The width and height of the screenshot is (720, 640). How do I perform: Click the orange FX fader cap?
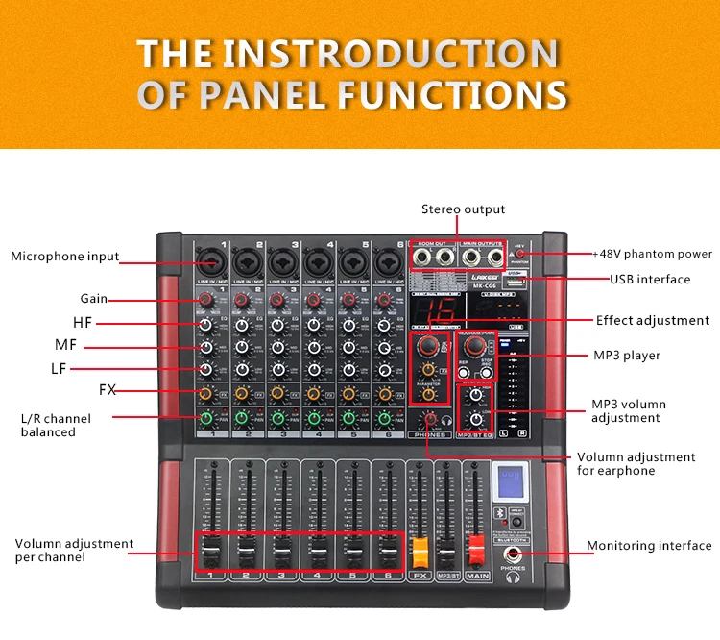[419, 553]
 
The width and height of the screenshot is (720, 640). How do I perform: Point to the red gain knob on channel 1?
[205, 302]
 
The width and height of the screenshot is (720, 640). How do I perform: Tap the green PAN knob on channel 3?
[276, 417]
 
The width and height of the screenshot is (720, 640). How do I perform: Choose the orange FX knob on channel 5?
[348, 394]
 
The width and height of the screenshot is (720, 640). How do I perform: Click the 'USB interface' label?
[650, 280]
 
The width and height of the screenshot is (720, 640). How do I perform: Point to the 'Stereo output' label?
[463, 209]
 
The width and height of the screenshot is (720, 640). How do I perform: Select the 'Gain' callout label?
[94, 299]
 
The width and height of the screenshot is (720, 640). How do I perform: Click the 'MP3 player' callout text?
[626, 356]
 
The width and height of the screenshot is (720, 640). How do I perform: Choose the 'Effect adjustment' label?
[653, 321]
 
